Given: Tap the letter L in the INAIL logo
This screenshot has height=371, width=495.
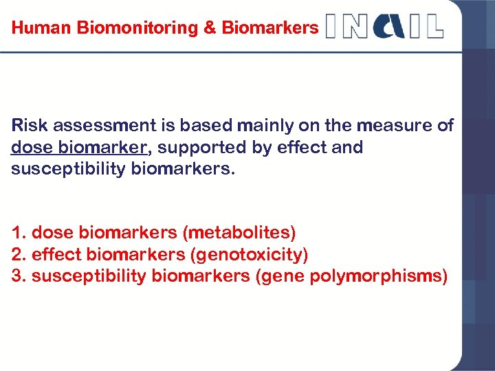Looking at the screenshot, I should point(434,25).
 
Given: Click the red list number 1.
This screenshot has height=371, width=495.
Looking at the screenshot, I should point(16,233).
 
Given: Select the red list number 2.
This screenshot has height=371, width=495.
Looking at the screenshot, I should point(16,255).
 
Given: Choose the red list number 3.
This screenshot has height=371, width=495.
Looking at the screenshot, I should point(16,276).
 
